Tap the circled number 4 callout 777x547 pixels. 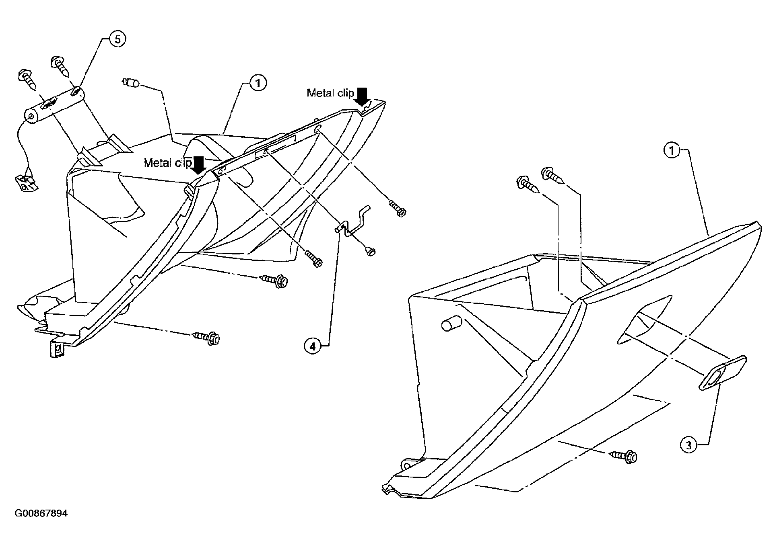tap(313, 346)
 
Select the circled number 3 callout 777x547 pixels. tap(688, 445)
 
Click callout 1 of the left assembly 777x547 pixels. tap(258, 83)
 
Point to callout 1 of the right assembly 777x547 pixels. tap(671, 151)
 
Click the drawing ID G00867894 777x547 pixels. tap(41, 514)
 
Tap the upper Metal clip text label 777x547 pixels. tap(330, 93)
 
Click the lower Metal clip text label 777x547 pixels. tap(168, 163)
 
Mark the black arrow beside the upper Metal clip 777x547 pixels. tap(363, 97)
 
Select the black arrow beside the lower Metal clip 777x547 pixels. tap(199, 165)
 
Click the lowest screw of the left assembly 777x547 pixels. tap(207, 337)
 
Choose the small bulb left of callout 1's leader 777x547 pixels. tap(130, 83)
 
